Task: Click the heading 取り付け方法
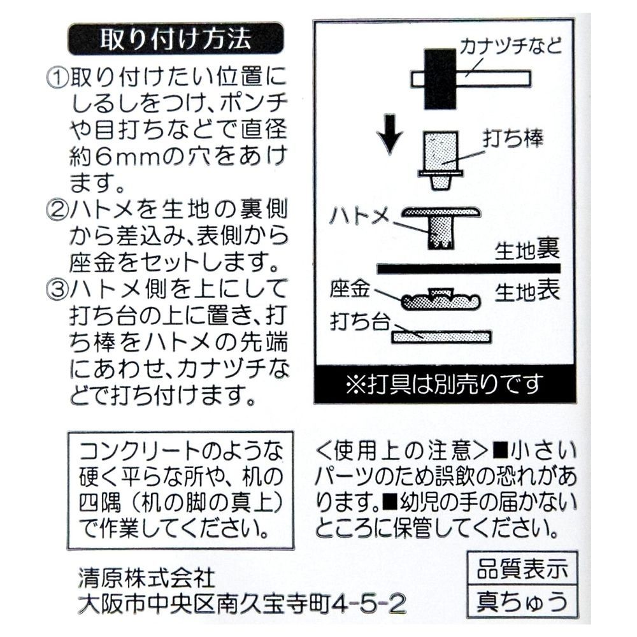pyautogui.click(x=175, y=39)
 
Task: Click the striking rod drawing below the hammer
pyautogui.click(x=440, y=159)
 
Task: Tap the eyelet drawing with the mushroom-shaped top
pyautogui.click(x=441, y=223)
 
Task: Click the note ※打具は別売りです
pyautogui.click(x=444, y=383)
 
